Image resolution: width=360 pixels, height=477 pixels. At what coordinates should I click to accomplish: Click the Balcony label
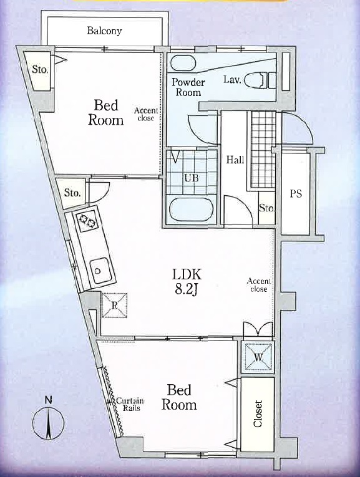point(104,31)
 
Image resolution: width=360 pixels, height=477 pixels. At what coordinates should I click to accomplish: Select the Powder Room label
point(188,87)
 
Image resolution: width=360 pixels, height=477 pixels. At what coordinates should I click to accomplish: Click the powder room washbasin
point(182,63)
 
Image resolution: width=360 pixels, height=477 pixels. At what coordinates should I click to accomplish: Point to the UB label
point(192,178)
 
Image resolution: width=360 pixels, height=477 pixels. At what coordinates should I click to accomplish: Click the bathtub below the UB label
point(191,210)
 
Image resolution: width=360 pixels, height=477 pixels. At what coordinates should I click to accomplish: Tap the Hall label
point(235,160)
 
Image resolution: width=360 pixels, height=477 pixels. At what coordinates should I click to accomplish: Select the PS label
point(296,193)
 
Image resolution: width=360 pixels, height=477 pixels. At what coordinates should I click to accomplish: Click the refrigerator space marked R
point(114,306)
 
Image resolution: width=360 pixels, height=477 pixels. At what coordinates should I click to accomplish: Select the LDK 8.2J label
point(187,282)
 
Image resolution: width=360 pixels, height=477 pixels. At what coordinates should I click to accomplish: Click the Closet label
point(258,414)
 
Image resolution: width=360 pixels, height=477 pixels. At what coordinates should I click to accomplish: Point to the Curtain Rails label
point(130,404)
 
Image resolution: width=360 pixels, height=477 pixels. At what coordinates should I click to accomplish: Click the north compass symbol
point(49,423)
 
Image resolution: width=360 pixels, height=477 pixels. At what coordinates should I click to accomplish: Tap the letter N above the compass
point(49,400)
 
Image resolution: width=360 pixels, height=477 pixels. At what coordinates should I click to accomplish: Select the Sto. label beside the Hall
point(267,208)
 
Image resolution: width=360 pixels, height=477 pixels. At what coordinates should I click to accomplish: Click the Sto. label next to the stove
point(72,193)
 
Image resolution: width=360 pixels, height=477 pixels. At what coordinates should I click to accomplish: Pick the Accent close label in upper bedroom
point(146,114)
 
